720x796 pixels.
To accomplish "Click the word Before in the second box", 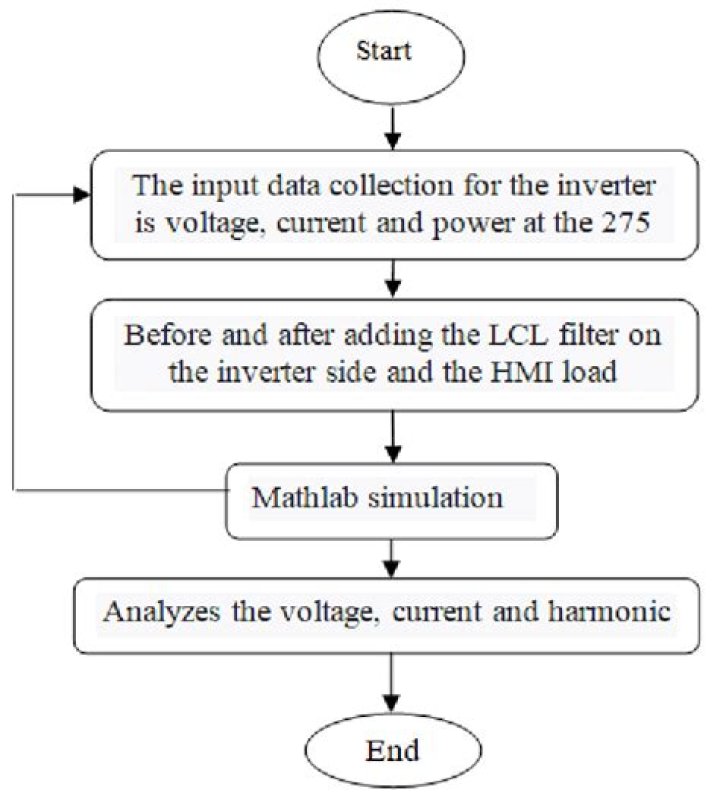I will point(164,334).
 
